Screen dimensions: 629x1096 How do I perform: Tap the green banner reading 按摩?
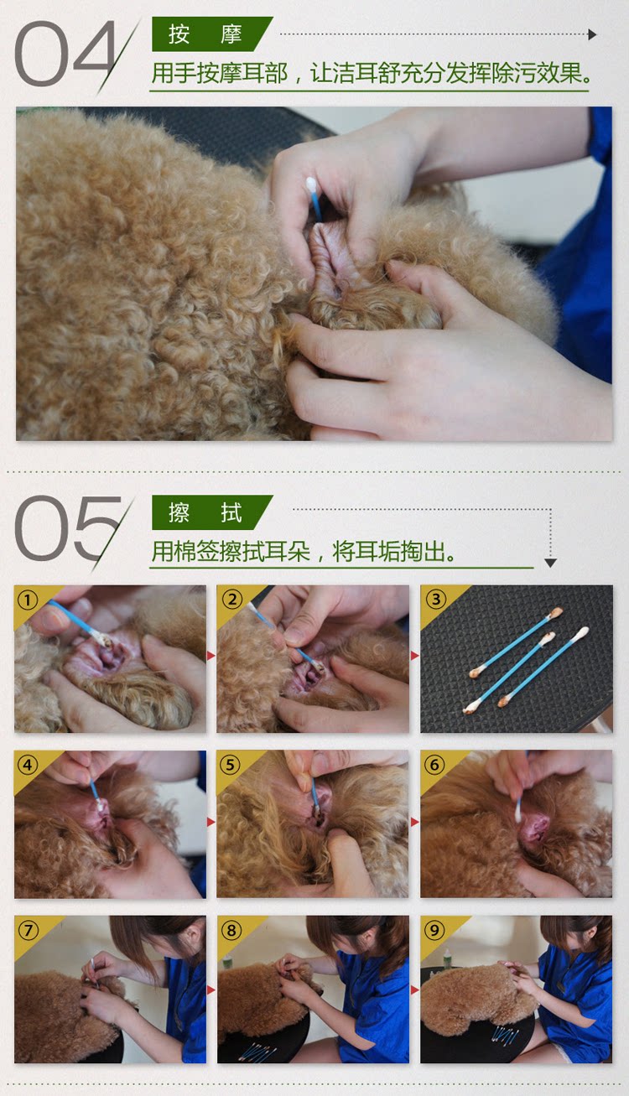(211, 34)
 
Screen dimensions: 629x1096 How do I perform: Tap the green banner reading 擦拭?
(211, 512)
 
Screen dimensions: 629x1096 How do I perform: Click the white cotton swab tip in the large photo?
(311, 185)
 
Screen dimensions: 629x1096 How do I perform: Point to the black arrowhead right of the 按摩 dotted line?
(592, 34)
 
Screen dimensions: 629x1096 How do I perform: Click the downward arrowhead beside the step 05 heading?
(550, 563)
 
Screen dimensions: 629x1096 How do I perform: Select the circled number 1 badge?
(28, 600)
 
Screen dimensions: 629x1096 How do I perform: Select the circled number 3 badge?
(435, 599)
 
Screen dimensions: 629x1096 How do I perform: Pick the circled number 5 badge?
(231, 764)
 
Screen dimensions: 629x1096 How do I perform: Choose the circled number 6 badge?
(434, 764)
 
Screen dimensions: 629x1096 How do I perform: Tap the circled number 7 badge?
(28, 930)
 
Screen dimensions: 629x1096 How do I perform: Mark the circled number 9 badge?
(434, 930)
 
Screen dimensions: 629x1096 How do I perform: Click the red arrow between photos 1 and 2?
(211, 656)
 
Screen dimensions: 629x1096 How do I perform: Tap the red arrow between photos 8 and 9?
(415, 990)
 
